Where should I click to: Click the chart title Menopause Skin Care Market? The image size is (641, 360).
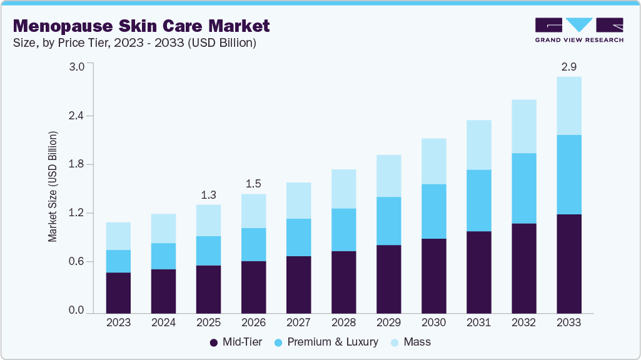coord(141,26)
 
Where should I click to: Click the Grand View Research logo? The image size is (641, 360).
coord(579,30)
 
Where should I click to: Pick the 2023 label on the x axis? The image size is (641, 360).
coord(118,323)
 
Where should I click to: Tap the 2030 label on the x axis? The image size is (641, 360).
coord(433,323)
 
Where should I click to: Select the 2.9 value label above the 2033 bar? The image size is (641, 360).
coord(568,66)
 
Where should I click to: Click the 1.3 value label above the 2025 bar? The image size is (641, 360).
coord(208,194)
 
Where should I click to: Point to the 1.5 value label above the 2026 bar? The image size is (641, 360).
coord(253,184)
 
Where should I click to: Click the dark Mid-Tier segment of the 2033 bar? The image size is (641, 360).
coord(568,263)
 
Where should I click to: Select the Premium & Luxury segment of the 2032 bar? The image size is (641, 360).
coord(523,188)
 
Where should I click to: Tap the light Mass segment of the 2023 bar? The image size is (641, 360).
coord(118,236)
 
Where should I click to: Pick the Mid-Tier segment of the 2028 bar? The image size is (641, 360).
coord(343,281)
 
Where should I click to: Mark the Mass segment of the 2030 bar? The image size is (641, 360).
coord(433,161)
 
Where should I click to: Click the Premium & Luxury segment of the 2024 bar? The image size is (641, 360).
coord(163,256)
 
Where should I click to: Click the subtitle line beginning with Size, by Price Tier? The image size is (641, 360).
coord(134,43)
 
